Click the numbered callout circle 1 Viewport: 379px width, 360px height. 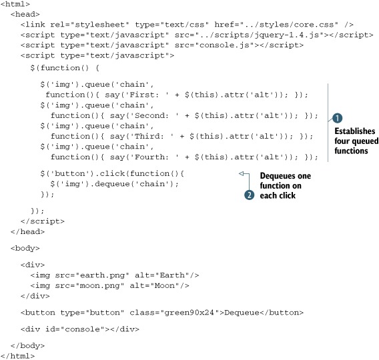coord(337,118)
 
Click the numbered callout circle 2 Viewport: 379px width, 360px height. coord(249,195)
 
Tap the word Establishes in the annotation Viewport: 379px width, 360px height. coord(354,131)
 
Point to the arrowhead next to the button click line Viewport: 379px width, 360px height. coord(241,173)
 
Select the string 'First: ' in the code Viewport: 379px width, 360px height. coord(147,95)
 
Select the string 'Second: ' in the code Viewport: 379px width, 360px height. coord(154,115)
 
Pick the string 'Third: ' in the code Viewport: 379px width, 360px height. coord(151,137)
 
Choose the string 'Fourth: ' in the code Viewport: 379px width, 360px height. coord(154,157)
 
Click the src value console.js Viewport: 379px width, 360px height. coord(224,45)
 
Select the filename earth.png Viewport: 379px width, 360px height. coord(103,275)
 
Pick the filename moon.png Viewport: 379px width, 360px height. coord(100,286)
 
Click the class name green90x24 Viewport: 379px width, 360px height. coord(190,313)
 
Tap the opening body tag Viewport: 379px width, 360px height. coord(25,248)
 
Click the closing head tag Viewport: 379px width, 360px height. coord(27,232)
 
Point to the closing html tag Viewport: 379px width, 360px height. coord(17,356)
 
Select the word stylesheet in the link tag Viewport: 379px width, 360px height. coord(100,25)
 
